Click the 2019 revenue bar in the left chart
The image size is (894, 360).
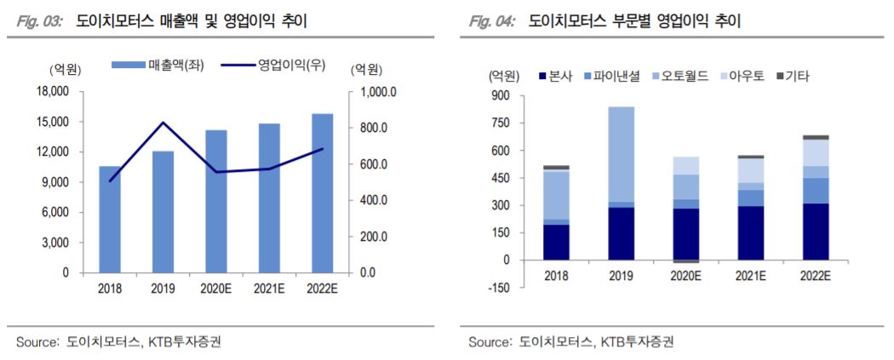[x=163, y=212]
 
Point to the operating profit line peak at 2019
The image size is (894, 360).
[x=163, y=123]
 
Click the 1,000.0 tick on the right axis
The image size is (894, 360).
[x=376, y=92]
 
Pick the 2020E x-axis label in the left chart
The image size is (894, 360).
[x=216, y=289]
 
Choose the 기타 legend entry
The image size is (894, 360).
[x=791, y=76]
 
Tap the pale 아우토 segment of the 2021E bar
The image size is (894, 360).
[x=750, y=170]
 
